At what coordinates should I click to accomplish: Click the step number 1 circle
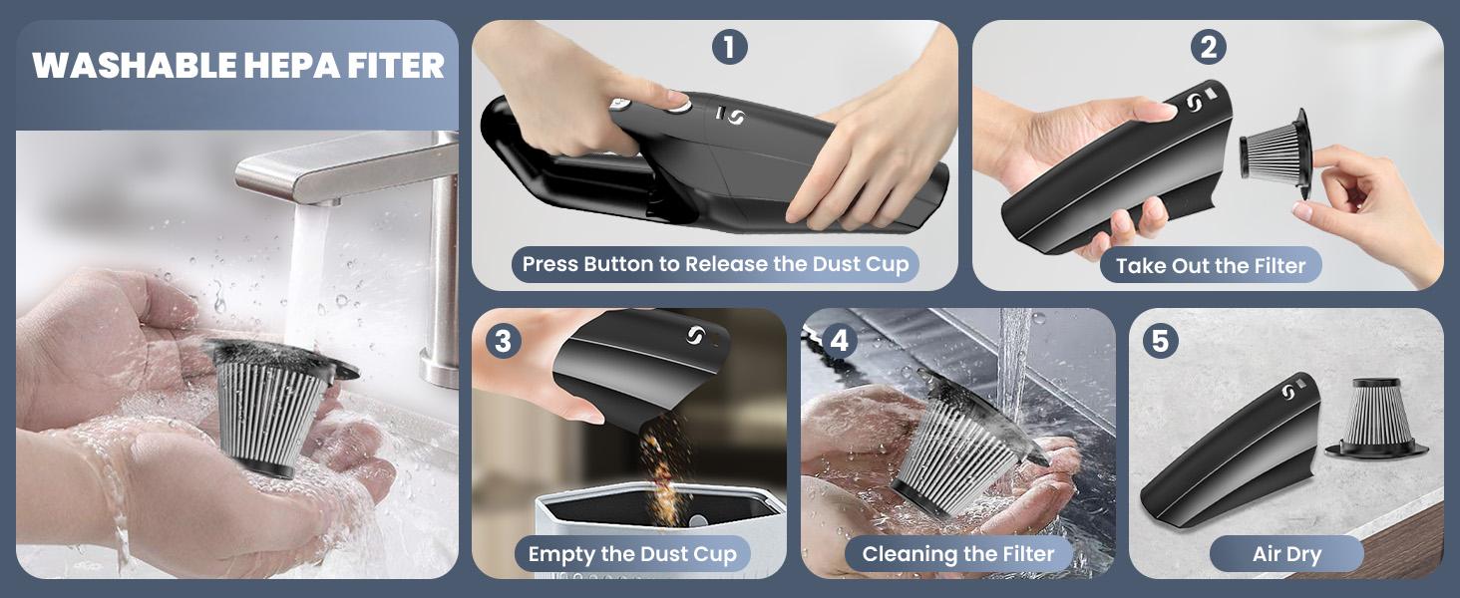point(729,47)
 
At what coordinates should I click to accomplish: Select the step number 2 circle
point(1208,47)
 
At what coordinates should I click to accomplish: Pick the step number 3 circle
point(503,342)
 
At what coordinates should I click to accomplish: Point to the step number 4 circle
point(839,342)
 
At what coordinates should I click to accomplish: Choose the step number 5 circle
point(1160,341)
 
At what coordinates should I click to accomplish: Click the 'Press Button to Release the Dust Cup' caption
point(715,265)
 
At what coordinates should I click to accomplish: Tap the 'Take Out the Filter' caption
point(1211,266)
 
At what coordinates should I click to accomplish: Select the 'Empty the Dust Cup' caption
point(632,554)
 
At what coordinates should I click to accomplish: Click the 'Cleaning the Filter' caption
point(958,554)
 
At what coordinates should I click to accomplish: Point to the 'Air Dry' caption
point(1286,554)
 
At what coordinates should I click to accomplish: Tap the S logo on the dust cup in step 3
point(695,337)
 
